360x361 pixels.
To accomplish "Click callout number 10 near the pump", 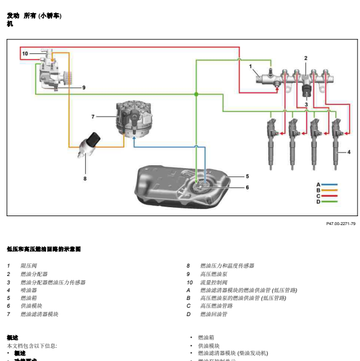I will (x=25, y=54).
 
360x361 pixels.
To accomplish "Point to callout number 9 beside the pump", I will (x=84, y=87).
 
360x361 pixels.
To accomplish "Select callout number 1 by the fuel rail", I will (x=251, y=66).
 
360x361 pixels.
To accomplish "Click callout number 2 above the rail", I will (x=305, y=58).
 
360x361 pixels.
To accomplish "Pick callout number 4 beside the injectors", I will (x=348, y=152).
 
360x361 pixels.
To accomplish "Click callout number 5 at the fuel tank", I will (x=246, y=177).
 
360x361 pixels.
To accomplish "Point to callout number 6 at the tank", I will (x=246, y=187).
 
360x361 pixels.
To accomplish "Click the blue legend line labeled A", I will (x=330, y=184).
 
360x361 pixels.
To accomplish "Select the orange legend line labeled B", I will (x=330, y=190).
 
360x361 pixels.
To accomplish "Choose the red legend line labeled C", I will (x=330, y=196).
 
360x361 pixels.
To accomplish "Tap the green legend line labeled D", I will (x=330, y=202).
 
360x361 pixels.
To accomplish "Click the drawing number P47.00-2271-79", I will (x=340, y=224).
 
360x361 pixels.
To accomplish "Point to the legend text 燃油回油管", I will (x=214, y=314).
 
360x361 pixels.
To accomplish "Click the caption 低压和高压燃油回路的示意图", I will (x=44, y=248).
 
